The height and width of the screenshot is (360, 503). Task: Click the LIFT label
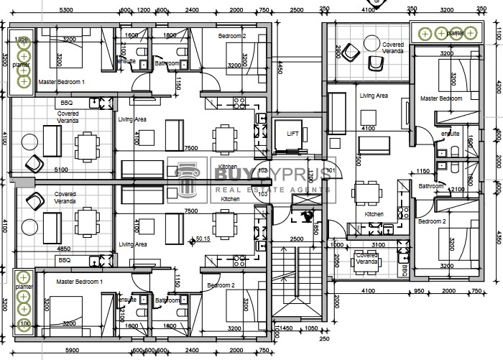click(292, 134)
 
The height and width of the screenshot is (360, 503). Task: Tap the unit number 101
click(331, 170)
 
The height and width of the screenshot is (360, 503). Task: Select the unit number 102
click(263, 170)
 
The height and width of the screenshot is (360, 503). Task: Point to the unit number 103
click(263, 194)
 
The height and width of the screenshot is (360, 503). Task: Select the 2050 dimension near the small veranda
click(337, 263)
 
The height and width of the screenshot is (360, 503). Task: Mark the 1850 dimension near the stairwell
click(315, 229)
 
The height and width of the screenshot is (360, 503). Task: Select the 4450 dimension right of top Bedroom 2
click(280, 68)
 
